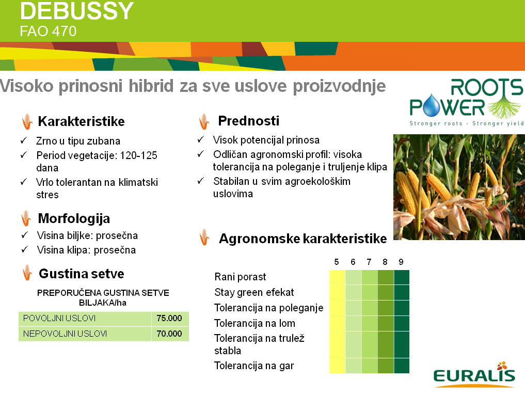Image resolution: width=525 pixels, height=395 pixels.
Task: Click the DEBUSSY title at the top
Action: coord(77,11)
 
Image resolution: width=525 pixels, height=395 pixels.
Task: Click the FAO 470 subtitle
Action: coord(48,31)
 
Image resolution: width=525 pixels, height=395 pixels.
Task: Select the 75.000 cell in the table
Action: coord(169,318)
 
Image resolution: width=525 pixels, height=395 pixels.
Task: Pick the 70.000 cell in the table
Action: coord(169,334)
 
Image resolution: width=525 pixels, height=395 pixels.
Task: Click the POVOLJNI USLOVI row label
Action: coord(59,318)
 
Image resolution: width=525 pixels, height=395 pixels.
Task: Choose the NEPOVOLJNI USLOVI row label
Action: coord(65,334)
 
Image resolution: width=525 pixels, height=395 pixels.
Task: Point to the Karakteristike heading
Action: coord(82,121)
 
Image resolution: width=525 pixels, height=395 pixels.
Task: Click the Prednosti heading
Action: coord(248,121)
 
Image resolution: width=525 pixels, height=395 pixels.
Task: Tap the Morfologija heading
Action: coord(74,218)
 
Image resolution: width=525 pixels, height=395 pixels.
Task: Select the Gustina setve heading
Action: coord(82,274)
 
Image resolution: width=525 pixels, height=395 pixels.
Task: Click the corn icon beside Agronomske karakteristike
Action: coord(204,237)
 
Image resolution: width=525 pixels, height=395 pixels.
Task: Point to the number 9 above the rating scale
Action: coord(401,262)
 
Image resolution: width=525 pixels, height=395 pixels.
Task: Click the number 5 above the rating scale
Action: coord(337,262)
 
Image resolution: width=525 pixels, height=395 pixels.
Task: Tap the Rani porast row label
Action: coord(240,277)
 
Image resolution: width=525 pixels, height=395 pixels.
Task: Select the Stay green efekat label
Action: coord(254,292)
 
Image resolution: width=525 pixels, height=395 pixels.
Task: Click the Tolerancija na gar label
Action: coord(254,366)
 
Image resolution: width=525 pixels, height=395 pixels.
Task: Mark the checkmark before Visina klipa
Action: coord(25,249)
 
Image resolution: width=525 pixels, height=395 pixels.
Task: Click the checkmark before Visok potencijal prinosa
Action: coord(201,139)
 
